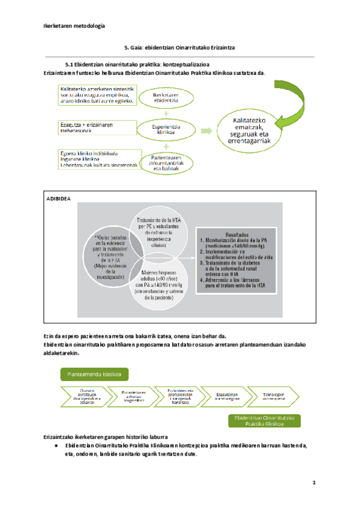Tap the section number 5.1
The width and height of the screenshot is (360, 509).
pyautogui.click(x=69, y=64)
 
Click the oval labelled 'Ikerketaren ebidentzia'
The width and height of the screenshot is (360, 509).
pyautogui.click(x=166, y=98)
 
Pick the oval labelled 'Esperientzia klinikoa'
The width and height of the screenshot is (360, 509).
pyautogui.click(x=166, y=129)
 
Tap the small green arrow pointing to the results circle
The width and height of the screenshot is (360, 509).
pyautogui.click(x=206, y=130)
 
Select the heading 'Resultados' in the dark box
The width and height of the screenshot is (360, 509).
pyautogui.click(x=236, y=235)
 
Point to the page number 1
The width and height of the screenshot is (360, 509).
pyautogui.click(x=314, y=483)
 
